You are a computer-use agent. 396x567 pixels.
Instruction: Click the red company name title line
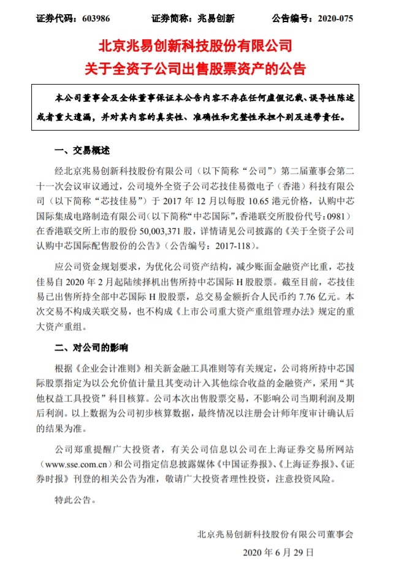[x=197, y=47]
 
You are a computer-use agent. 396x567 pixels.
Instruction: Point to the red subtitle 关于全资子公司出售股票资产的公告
[x=197, y=67]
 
